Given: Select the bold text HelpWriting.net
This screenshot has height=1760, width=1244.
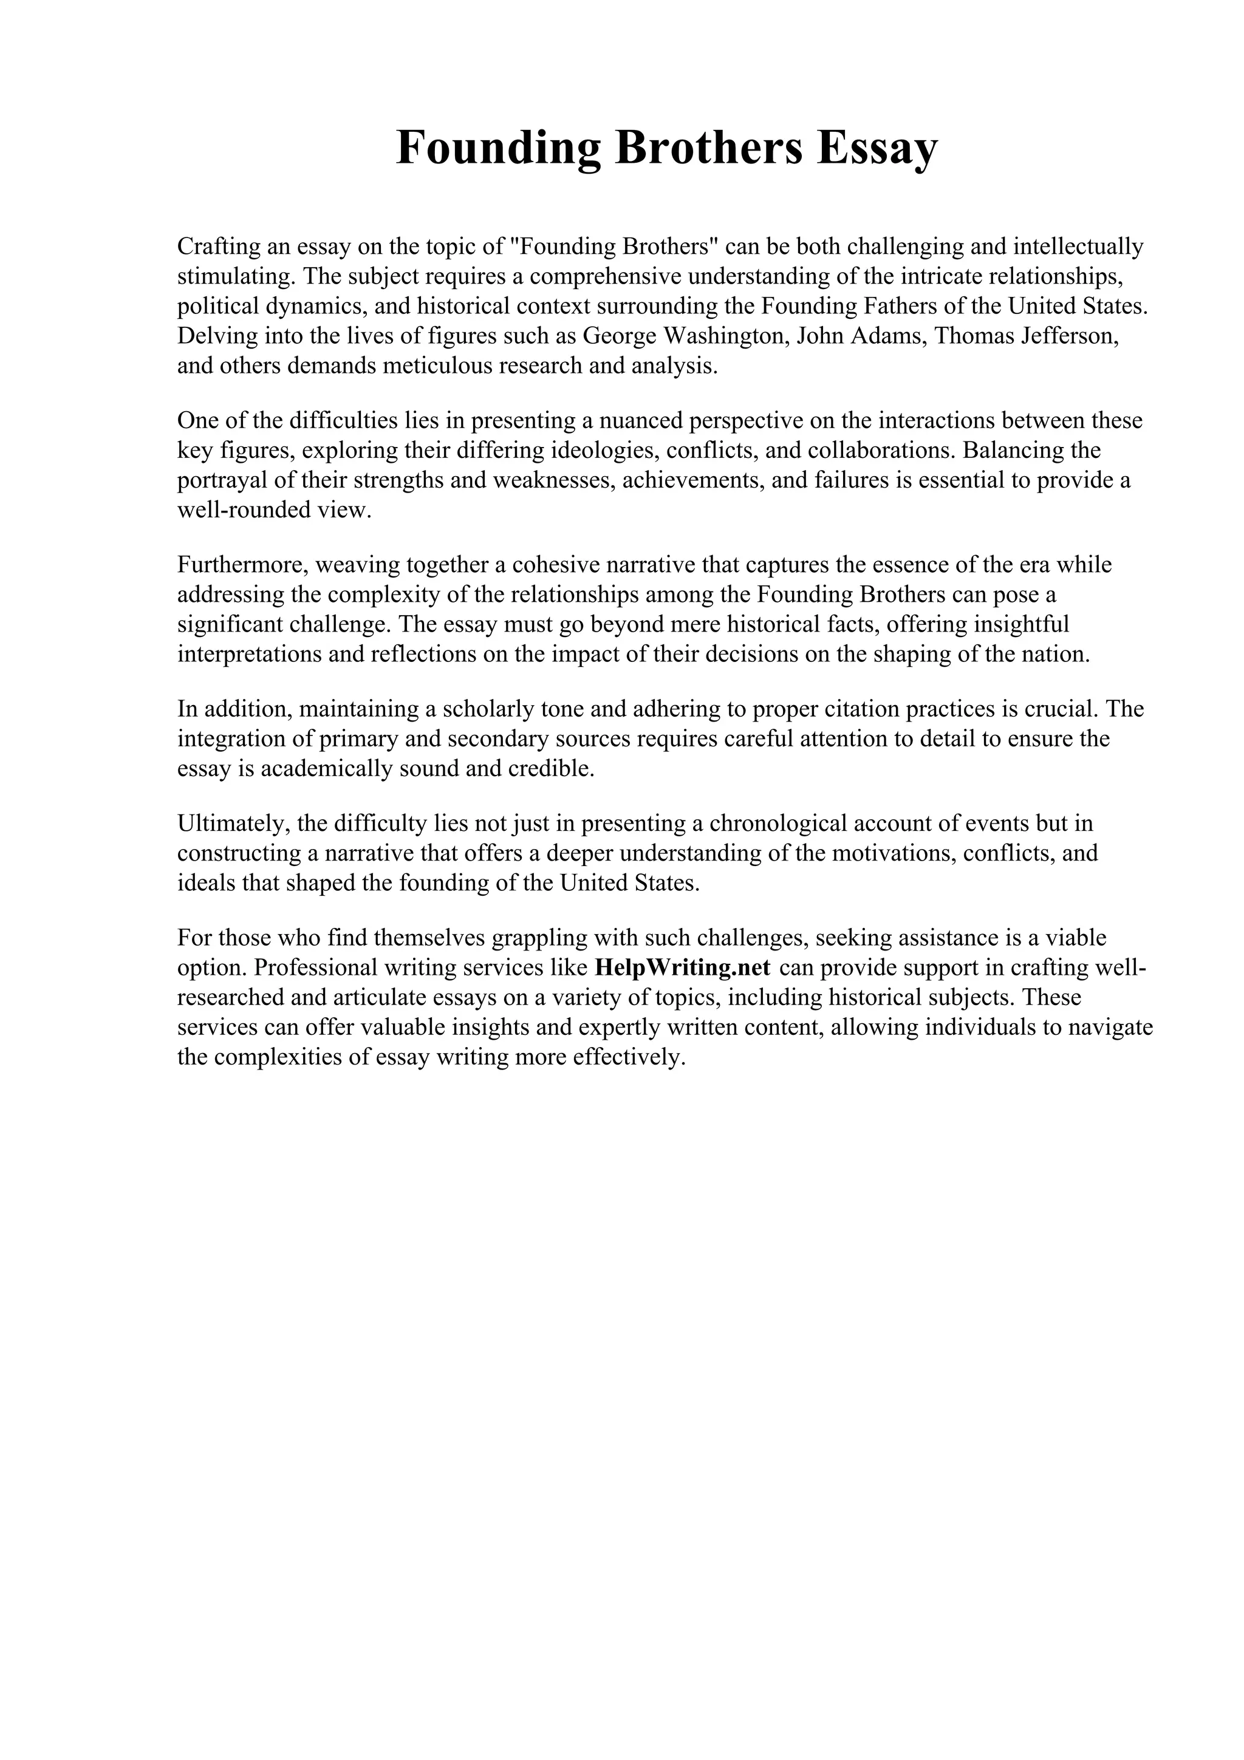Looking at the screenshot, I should click(682, 967).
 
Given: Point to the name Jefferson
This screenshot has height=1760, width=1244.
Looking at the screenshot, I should click(1070, 336).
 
